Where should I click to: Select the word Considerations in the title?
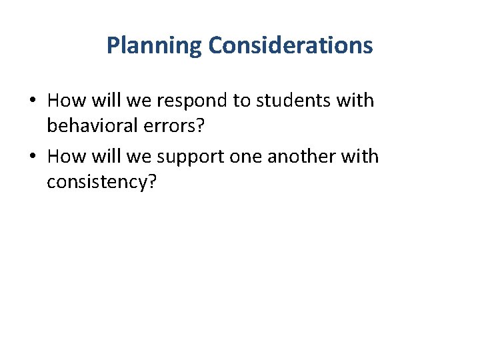click(x=290, y=45)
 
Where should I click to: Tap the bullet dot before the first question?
click(x=33, y=101)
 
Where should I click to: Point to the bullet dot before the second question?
click(x=33, y=157)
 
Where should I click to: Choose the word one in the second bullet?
click(x=245, y=157)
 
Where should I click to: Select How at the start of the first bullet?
click(x=63, y=101)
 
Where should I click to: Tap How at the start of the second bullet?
click(x=63, y=157)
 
